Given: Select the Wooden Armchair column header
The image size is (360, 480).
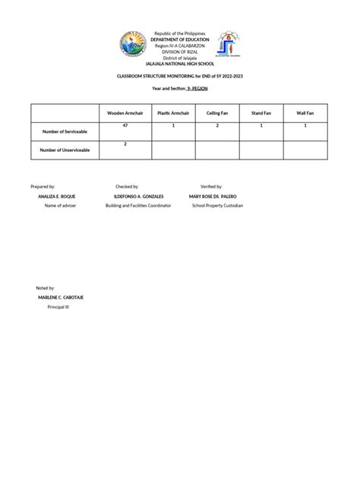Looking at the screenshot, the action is click(125, 112).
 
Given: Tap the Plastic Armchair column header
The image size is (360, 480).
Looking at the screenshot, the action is click(173, 112).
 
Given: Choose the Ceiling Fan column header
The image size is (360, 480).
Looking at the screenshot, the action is click(217, 112).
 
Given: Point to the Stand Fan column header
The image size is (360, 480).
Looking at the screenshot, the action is click(261, 112).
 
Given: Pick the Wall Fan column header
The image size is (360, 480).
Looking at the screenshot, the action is click(305, 112).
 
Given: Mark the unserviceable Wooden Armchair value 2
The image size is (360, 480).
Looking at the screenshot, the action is click(125, 144).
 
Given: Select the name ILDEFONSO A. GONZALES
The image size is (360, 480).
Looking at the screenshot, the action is click(138, 196).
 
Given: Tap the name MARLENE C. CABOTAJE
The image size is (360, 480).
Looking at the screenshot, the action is click(62, 298).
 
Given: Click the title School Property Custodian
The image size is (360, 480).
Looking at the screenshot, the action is click(217, 205).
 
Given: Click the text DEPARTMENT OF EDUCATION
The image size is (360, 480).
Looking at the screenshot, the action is click(180, 39).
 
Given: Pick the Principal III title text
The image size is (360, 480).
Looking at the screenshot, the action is click(59, 308).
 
